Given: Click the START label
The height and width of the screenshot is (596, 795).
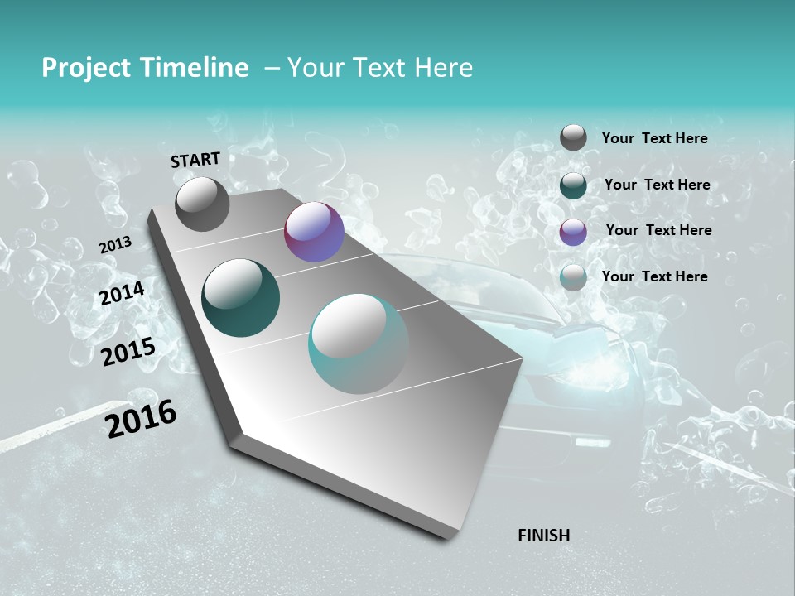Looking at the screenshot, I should [195, 160].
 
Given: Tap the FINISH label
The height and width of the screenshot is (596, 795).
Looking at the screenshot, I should [543, 536].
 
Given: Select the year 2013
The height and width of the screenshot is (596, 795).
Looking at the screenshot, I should [115, 245].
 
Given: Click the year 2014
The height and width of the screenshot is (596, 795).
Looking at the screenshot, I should [123, 294].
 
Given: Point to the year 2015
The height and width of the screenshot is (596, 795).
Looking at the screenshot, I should [128, 352].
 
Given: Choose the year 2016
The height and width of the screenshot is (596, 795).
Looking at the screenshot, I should [141, 419].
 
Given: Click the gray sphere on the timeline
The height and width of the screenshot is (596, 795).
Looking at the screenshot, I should [202, 204].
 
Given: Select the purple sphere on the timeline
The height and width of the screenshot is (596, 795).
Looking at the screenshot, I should [314, 232].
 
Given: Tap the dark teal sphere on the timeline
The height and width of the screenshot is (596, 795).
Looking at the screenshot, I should [240, 298].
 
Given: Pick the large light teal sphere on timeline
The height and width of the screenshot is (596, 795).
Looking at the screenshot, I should [359, 344].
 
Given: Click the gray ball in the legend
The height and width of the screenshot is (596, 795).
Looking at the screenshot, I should [573, 138].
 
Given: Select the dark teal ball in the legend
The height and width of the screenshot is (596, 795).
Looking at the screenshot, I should [573, 185].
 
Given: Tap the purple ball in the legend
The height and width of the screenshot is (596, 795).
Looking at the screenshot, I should [573, 232].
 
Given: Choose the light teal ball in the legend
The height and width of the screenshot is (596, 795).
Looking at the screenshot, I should [573, 277].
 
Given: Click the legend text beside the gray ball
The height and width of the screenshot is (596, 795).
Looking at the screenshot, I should [654, 139].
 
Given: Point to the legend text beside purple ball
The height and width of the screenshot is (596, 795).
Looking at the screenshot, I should [658, 230].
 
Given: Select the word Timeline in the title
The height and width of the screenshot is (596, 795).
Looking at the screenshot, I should [195, 68].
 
